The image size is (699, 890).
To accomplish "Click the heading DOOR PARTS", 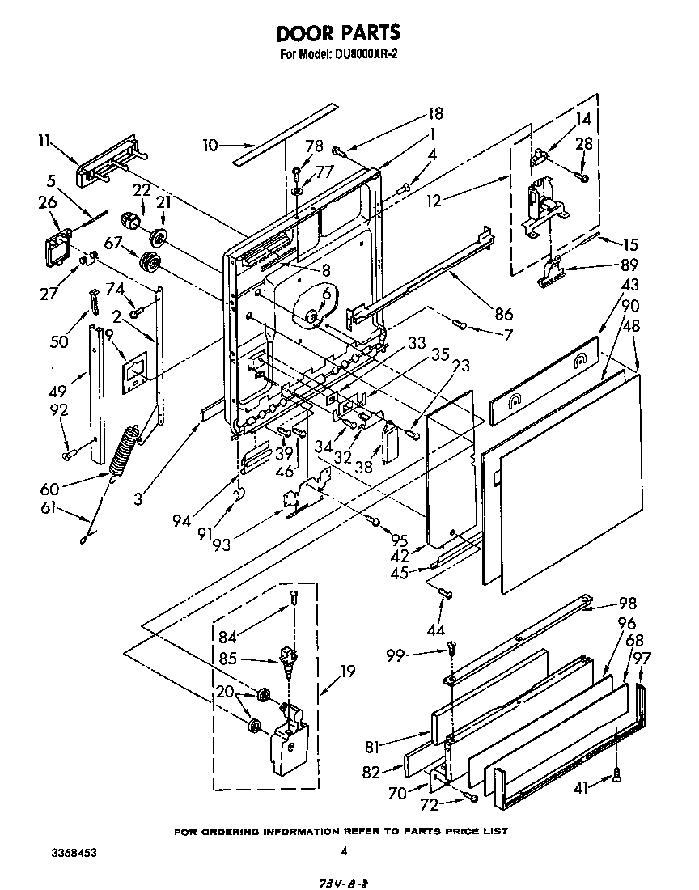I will tap(338, 33).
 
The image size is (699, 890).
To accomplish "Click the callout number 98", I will tap(626, 604).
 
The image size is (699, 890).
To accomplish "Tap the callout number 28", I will tap(582, 144).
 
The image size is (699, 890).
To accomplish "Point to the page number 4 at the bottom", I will tap(344, 850).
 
